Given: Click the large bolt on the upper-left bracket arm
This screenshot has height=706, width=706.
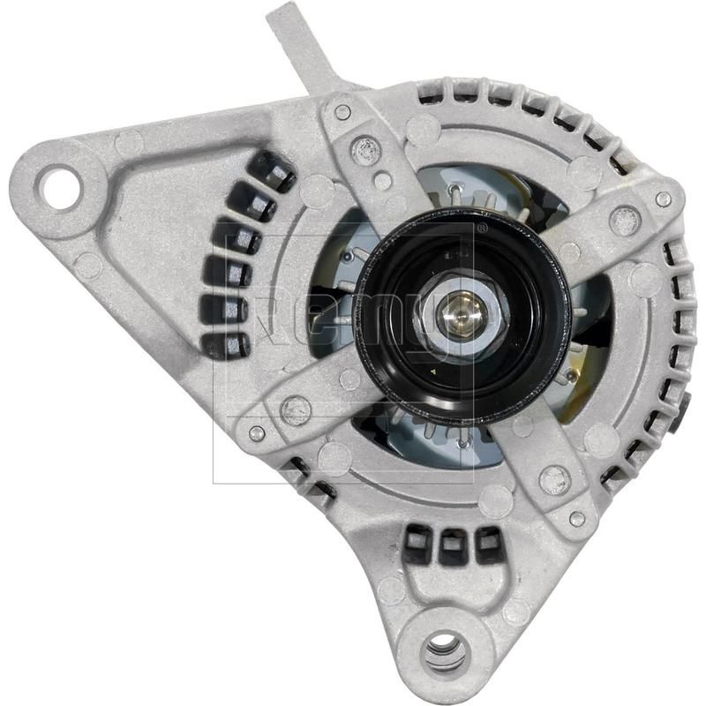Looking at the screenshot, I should click(364, 148).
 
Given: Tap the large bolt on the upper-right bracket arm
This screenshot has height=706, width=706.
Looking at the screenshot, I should click(625, 220).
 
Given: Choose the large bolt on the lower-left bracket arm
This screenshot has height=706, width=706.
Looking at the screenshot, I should click(295, 409).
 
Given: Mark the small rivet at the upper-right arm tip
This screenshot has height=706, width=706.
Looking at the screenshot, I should click(663, 199).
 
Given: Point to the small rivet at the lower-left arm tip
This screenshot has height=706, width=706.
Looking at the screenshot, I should click(257, 433).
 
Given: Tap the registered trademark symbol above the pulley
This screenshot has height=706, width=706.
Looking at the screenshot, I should click(480, 228).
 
